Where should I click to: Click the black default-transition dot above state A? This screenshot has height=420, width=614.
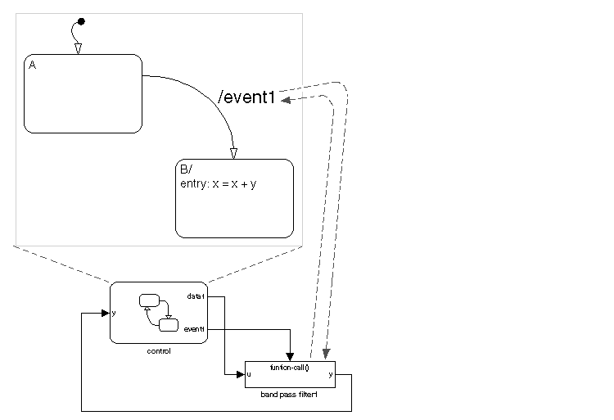[x=80, y=20]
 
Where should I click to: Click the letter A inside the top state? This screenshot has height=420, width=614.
[x=32, y=65]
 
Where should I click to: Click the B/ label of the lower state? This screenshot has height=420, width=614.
[x=185, y=169]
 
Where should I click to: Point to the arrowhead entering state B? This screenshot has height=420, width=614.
[x=233, y=153]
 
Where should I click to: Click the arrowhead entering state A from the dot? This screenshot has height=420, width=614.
[x=78, y=48]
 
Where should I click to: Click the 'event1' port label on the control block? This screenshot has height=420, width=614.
[x=194, y=329]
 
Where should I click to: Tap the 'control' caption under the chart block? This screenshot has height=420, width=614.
[x=159, y=351]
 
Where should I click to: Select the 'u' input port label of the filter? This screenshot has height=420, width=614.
[x=249, y=375]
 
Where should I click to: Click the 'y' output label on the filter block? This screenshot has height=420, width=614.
[x=331, y=375]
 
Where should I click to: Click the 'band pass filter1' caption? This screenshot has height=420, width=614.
[x=288, y=395]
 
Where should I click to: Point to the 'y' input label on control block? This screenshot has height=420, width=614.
[x=113, y=313]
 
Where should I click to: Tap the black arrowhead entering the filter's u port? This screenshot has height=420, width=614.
[x=241, y=375]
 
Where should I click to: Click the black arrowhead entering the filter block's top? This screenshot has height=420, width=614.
[x=290, y=355]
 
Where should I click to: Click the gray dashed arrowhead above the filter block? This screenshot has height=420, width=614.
[x=327, y=355]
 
